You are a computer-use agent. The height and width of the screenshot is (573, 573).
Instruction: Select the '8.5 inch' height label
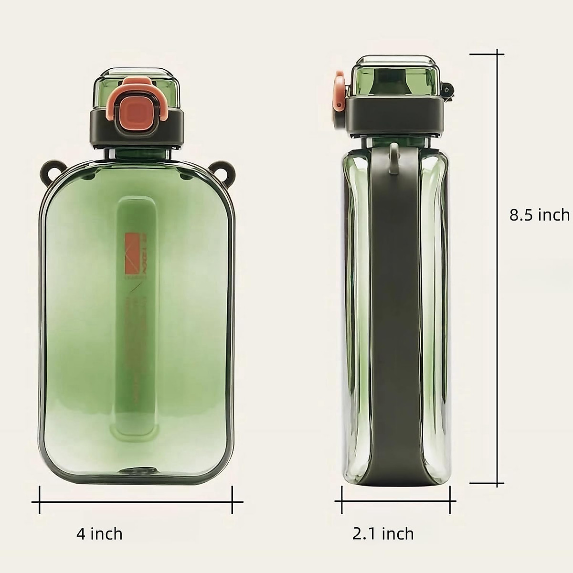[539, 215]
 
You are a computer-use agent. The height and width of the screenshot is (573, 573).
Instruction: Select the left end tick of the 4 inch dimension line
[39, 501]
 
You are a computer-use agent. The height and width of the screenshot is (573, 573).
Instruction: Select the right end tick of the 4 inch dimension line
[232, 501]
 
